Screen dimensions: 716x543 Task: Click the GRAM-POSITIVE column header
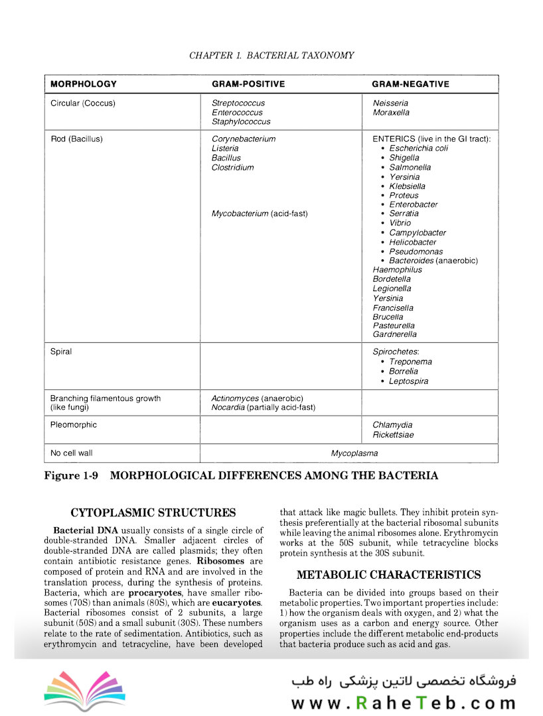[x=248, y=84]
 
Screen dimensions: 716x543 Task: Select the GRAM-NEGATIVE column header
[x=410, y=84]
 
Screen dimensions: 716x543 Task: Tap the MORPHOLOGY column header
[x=84, y=84]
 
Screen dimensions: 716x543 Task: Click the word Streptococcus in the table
[x=238, y=103]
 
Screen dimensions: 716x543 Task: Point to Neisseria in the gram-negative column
[x=390, y=103]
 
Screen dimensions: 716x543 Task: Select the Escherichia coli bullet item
[x=418, y=149]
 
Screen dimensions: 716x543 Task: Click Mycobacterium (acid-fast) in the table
[x=260, y=213]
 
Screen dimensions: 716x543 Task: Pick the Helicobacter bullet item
[x=418, y=242]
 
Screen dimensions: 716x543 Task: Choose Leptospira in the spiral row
[x=408, y=381]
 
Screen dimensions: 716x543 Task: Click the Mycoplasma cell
[x=354, y=453]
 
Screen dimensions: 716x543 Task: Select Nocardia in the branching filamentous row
[x=228, y=407]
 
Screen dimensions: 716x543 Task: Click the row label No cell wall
[x=73, y=453]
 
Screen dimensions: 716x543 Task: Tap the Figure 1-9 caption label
[x=71, y=475]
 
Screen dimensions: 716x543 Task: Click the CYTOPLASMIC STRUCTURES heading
[x=153, y=512]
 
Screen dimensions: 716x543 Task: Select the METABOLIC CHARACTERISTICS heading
[x=388, y=575]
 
